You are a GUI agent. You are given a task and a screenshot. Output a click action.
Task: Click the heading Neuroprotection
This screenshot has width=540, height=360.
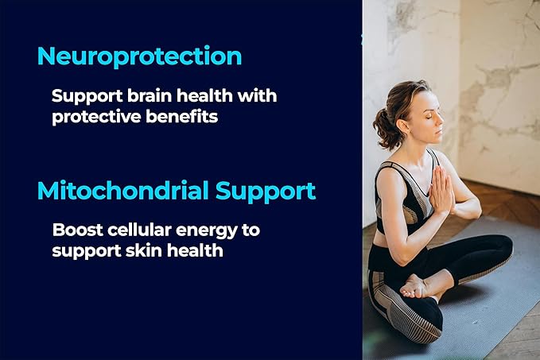(139, 56)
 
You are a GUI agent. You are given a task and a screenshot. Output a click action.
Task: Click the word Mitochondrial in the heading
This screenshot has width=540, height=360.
(123, 190)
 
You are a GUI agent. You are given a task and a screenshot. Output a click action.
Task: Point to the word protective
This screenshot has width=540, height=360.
(96, 117)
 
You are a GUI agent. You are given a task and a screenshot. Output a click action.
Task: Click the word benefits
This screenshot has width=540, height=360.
(182, 116)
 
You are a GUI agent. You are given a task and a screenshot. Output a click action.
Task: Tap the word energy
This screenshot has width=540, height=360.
(206, 231)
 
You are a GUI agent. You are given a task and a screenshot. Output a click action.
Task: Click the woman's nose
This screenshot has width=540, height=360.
(440, 121)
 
